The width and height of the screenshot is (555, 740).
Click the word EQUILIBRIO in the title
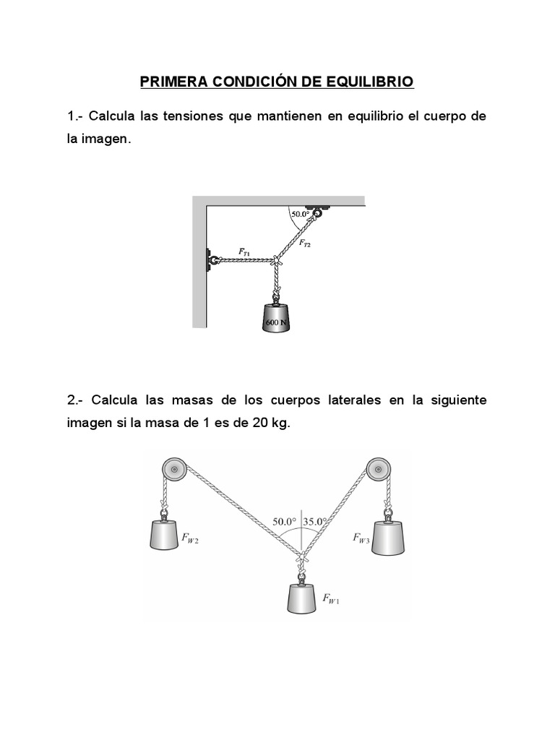click(x=368, y=82)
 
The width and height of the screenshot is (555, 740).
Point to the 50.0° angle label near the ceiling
click(x=300, y=214)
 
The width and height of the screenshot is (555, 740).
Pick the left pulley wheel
click(x=173, y=471)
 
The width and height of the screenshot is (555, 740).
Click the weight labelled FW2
click(x=164, y=535)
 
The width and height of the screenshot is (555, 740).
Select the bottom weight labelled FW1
click(x=303, y=598)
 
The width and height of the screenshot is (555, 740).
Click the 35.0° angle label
click(x=315, y=520)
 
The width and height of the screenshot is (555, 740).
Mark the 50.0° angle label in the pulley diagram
click(x=285, y=520)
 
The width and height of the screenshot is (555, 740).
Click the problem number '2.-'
click(x=77, y=400)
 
